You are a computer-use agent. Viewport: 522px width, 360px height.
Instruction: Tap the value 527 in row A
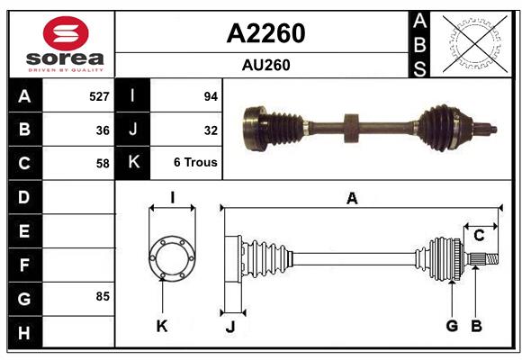click(98, 95)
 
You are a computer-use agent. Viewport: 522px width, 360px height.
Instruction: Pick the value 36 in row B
click(102, 130)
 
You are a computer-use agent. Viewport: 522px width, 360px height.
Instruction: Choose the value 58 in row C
click(102, 163)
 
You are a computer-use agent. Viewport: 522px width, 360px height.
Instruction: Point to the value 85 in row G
click(102, 296)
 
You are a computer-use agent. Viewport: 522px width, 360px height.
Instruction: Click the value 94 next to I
click(211, 95)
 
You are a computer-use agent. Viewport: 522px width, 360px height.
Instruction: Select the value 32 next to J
click(211, 130)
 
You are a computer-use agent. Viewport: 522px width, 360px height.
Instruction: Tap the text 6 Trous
click(195, 163)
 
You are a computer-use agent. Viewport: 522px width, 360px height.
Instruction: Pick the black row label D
click(23, 196)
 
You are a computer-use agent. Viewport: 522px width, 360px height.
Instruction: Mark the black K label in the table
click(133, 163)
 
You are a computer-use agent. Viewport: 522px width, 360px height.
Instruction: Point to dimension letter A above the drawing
click(352, 199)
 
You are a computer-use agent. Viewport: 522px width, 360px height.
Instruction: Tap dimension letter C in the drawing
click(479, 236)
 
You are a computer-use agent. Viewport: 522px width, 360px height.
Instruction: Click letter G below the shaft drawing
click(452, 326)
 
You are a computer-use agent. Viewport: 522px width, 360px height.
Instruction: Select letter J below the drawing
click(229, 327)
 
